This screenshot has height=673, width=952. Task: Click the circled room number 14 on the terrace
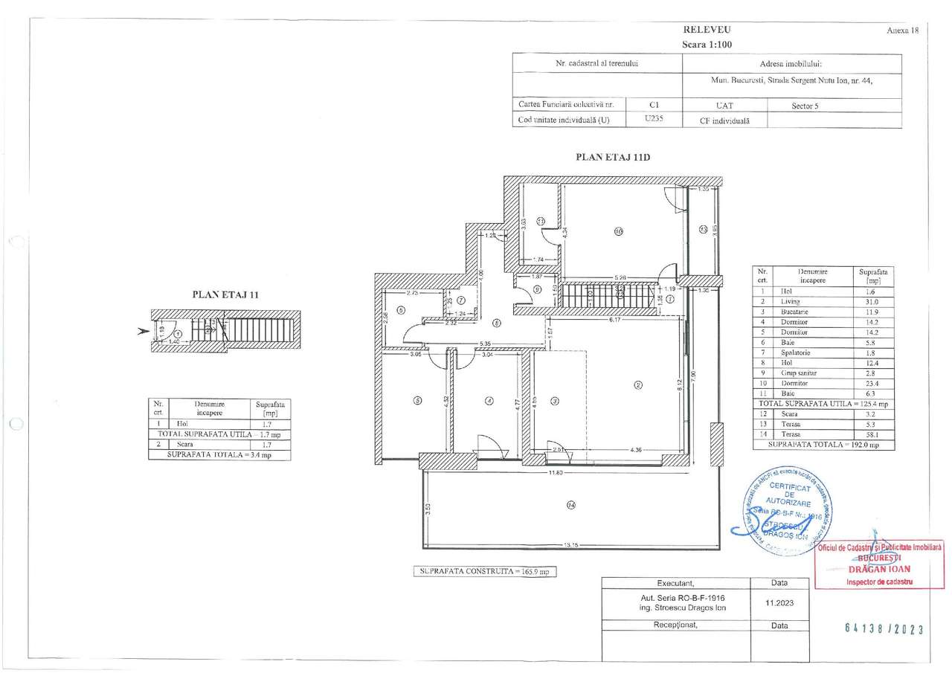(570, 505)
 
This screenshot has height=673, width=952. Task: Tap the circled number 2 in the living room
(637, 384)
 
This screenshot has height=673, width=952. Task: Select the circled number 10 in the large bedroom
(618, 231)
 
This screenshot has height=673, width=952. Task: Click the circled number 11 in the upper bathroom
(541, 220)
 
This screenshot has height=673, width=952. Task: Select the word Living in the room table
(791, 301)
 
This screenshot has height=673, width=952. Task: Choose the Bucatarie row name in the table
(794, 312)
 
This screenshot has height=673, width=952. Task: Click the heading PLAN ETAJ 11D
(614, 157)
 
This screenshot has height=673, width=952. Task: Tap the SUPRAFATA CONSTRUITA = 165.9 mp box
(483, 572)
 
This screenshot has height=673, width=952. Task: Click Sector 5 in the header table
(805, 106)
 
